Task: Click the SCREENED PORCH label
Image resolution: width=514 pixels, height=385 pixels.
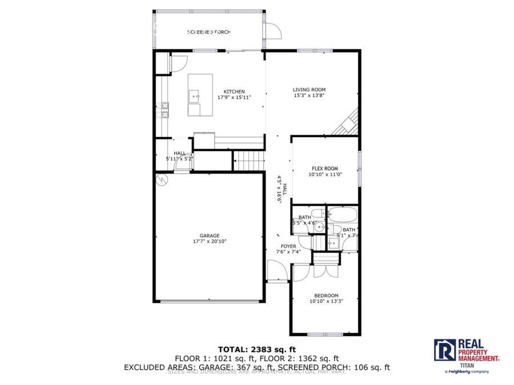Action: pos(209,32)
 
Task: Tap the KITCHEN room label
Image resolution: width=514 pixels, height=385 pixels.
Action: pos(234,91)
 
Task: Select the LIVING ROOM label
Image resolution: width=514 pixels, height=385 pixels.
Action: pos(309,90)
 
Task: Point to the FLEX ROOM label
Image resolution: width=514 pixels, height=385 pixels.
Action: pos(324,168)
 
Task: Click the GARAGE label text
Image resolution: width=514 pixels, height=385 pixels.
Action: pos(210,235)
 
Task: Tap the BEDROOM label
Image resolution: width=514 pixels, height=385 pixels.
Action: pos(326,295)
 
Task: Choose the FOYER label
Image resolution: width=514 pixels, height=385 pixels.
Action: pos(288,246)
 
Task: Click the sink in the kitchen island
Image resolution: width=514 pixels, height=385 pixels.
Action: pos(196,96)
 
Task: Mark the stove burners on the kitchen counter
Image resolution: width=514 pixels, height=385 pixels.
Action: pos(165,110)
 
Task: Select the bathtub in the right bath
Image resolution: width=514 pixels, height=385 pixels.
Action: pos(343,216)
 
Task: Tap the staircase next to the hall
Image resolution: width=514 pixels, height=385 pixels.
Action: pos(250,161)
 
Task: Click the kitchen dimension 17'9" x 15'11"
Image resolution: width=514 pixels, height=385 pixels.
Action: pos(234,98)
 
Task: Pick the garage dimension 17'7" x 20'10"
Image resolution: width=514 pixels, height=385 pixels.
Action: pos(210,241)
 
